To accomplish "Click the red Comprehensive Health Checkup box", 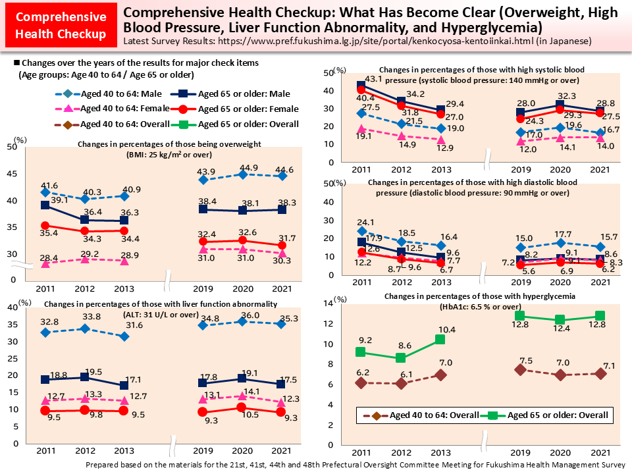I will tap(60, 25).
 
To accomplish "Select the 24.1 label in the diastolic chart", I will tap(365, 222).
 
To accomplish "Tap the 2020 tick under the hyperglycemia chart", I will tap(561, 453).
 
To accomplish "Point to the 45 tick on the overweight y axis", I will tap(12, 174).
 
